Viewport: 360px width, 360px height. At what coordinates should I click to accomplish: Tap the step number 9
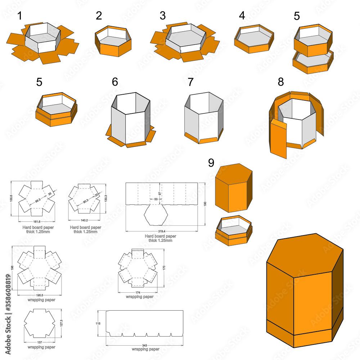211,163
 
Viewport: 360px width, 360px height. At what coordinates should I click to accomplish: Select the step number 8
281,82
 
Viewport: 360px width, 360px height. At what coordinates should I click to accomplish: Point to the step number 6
115,82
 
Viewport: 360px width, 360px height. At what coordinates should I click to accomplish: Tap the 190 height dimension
205,204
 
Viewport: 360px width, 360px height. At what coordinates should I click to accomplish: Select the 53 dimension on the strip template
156,199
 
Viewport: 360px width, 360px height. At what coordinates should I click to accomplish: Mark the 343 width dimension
144,345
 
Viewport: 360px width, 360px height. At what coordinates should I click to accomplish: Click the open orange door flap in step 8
279,139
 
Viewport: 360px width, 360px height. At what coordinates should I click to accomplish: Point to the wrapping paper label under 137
41,347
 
